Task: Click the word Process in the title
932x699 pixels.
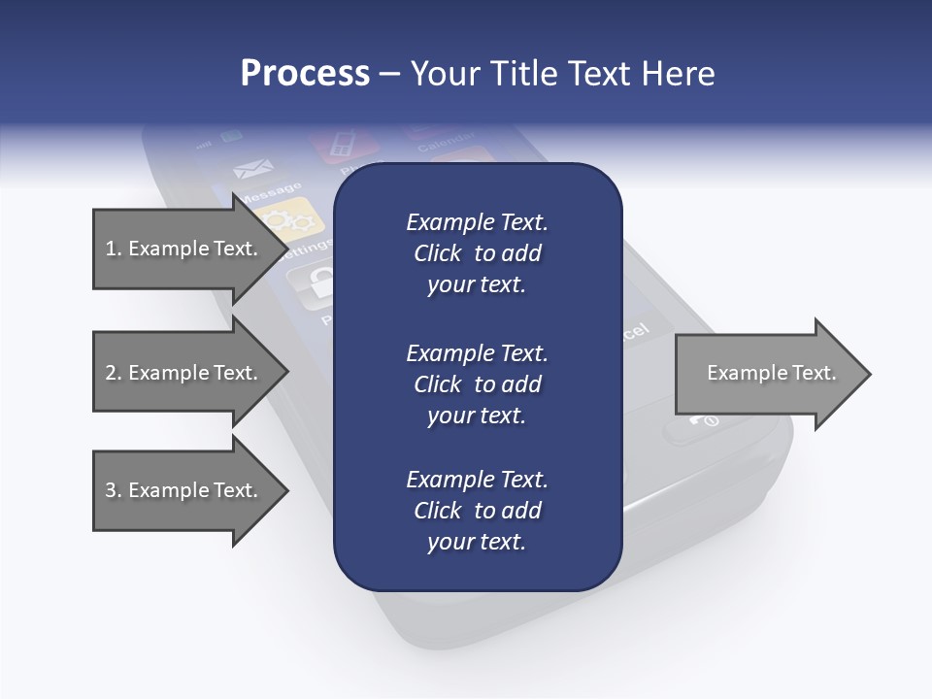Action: (x=305, y=74)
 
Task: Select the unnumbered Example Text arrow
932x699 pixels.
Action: (x=771, y=373)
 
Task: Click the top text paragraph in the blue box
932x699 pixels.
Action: (x=477, y=253)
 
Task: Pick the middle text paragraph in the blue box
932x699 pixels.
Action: (x=477, y=383)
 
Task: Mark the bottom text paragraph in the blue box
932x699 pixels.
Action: (x=477, y=511)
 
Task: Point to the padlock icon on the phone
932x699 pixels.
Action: (x=316, y=283)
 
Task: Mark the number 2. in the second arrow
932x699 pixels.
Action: (x=113, y=373)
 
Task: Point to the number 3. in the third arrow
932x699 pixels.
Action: (x=113, y=490)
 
